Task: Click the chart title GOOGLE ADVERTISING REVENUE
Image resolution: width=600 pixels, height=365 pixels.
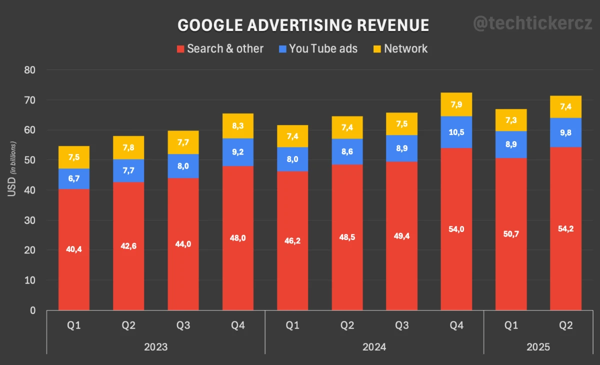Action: [x=303, y=25]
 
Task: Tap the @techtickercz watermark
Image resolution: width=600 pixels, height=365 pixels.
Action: [x=532, y=23]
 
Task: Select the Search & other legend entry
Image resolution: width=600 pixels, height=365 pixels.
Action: [x=220, y=48]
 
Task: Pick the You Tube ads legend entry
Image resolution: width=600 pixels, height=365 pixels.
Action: [x=318, y=48]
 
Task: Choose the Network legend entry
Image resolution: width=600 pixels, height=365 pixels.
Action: [x=400, y=48]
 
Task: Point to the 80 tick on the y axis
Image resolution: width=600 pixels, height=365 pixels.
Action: [x=29, y=70]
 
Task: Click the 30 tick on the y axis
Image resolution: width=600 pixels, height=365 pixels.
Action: [x=29, y=220]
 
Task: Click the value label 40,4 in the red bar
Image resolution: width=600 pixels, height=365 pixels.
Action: [x=73, y=249]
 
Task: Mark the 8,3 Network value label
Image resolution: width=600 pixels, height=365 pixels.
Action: [x=237, y=126]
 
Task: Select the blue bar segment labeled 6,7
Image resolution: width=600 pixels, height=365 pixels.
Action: [x=73, y=179]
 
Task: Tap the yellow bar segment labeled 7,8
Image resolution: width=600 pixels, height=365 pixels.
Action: [x=128, y=147]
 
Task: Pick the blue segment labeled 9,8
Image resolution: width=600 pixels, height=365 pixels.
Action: [x=565, y=132]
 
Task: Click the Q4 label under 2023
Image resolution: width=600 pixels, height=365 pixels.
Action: [x=237, y=325]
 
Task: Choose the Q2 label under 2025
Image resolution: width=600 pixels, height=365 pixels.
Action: [x=565, y=325]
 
